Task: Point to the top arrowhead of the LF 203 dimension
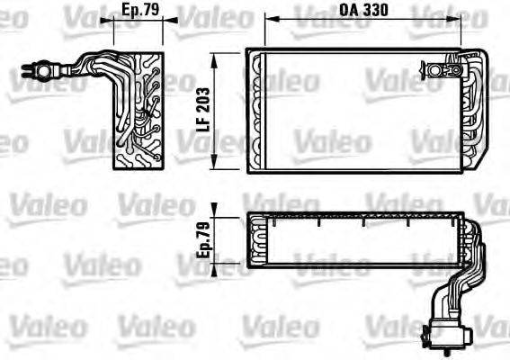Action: coord(215,53)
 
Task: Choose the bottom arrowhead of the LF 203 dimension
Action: coord(215,168)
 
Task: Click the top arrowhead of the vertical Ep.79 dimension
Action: coord(215,215)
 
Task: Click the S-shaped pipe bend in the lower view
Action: coord(451,279)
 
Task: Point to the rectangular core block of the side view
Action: coord(139,110)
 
